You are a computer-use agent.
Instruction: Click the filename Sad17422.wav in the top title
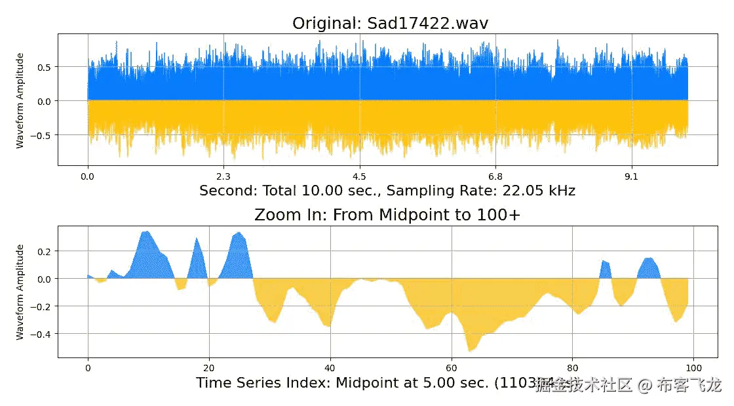point(425,24)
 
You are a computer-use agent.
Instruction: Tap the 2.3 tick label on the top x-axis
point(223,176)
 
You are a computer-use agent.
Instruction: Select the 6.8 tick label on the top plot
point(495,176)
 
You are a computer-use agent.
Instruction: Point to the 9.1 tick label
point(632,176)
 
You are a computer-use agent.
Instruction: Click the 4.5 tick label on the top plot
point(359,176)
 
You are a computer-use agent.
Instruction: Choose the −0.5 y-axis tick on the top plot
point(43,135)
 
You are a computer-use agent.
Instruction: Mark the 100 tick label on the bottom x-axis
point(694,367)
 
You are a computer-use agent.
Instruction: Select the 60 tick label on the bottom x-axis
point(452,367)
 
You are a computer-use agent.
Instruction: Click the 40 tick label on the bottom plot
point(330,367)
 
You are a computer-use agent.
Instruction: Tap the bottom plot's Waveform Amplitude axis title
point(20,292)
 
